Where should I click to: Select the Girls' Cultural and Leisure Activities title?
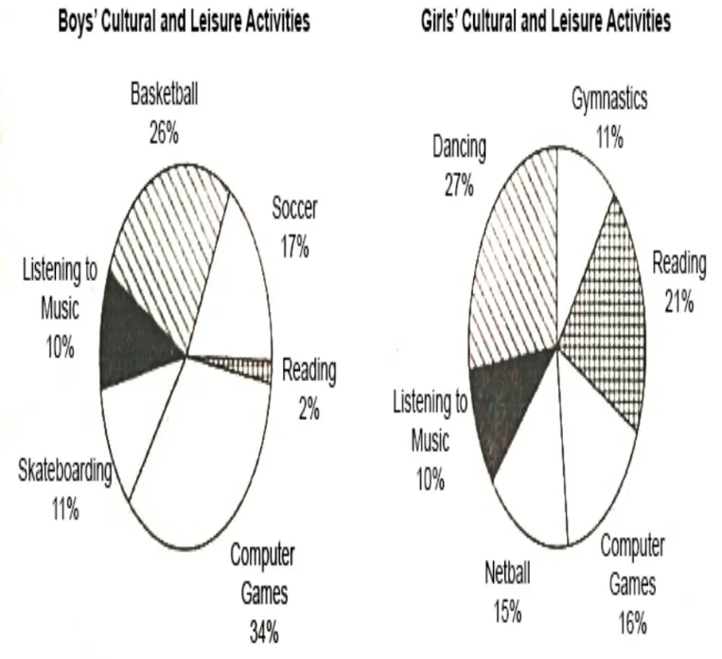[x=546, y=22]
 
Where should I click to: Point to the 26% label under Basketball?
[x=164, y=133]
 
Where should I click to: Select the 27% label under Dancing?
[x=459, y=186]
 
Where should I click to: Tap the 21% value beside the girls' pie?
[x=678, y=303]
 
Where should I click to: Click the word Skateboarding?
[x=65, y=471]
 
